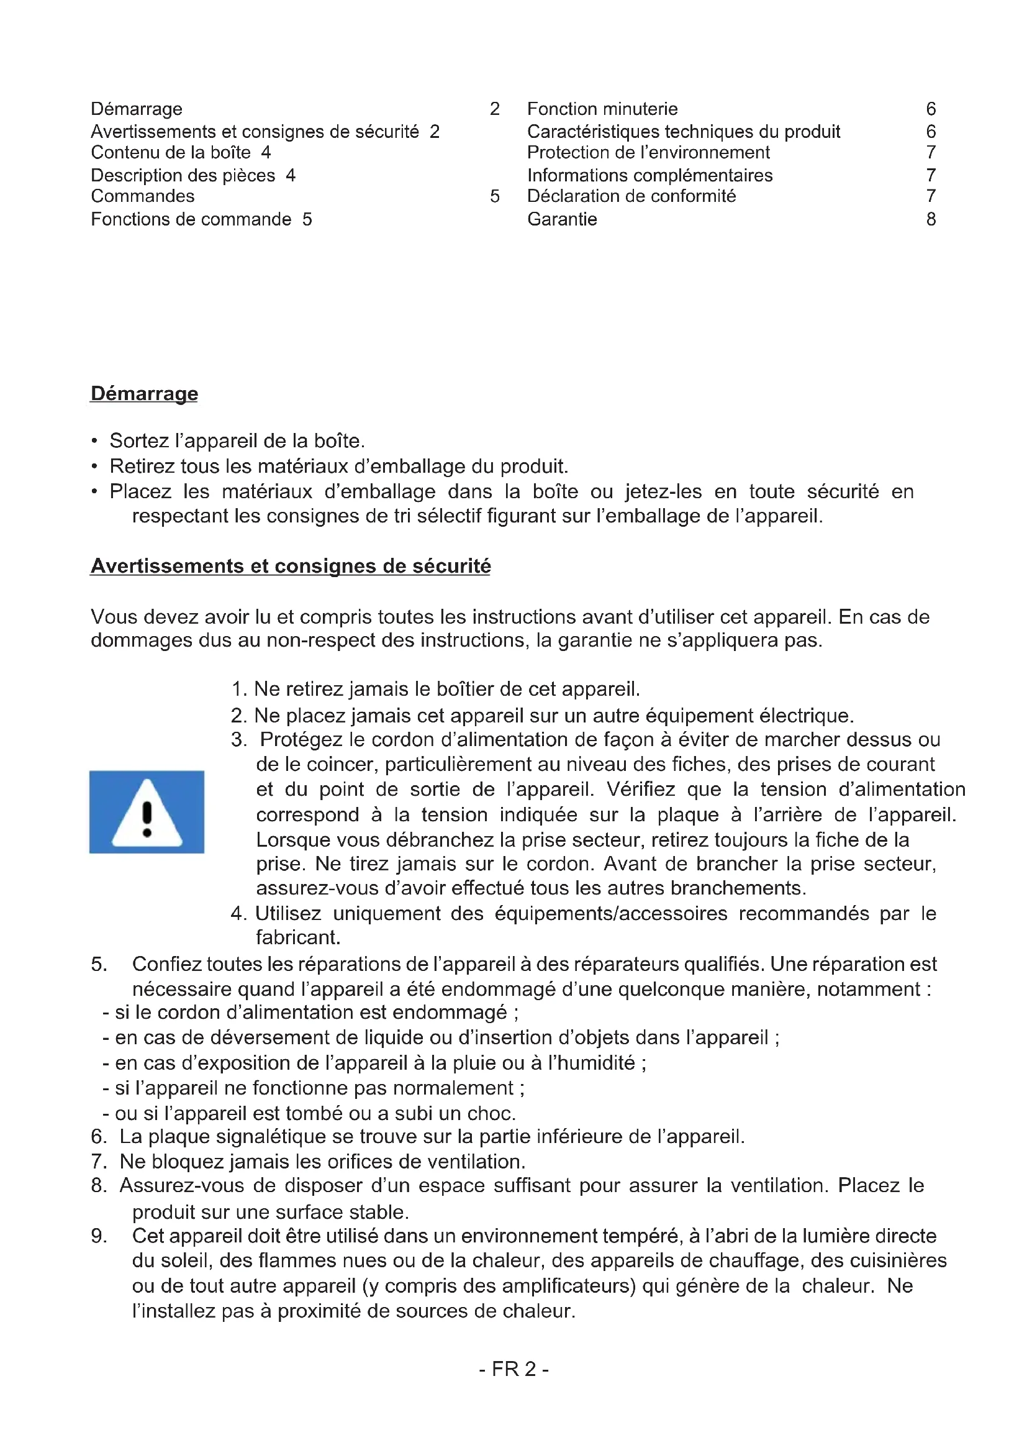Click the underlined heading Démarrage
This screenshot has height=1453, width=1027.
pyautogui.click(x=144, y=394)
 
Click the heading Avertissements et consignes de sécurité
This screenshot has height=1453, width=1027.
pyautogui.click(x=290, y=566)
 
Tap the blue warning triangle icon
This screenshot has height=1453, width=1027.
pyautogui.click(x=147, y=812)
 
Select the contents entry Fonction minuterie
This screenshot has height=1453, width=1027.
pyautogui.click(x=602, y=109)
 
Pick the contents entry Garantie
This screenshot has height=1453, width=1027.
pyautogui.click(x=562, y=219)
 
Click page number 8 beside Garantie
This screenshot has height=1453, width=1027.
pyautogui.click(x=931, y=219)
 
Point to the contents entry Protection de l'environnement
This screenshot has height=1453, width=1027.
pyautogui.click(x=648, y=153)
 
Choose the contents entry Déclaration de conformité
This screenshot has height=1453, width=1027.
pyautogui.click(x=631, y=196)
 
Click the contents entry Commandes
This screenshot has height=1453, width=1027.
pyautogui.click(x=142, y=196)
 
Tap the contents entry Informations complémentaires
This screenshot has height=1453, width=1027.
pyautogui.click(x=649, y=175)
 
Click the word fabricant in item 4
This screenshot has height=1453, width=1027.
pyautogui.click(x=297, y=937)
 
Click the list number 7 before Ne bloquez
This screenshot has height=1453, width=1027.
pyautogui.click(x=98, y=1162)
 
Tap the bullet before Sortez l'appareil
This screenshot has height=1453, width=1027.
pyautogui.click(x=94, y=441)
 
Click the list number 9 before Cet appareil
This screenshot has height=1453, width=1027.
pyautogui.click(x=98, y=1236)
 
